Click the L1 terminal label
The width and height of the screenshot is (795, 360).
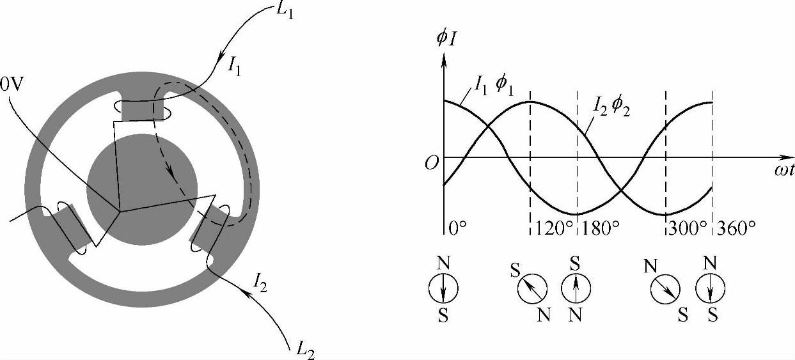[285, 12]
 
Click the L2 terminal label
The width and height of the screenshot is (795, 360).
[306, 351]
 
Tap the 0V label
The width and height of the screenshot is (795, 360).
[12, 85]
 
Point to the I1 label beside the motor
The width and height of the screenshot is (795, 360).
[235, 67]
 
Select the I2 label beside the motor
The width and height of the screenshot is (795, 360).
[260, 283]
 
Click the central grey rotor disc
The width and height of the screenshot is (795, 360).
[142, 189]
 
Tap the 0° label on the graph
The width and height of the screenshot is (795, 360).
[457, 228]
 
